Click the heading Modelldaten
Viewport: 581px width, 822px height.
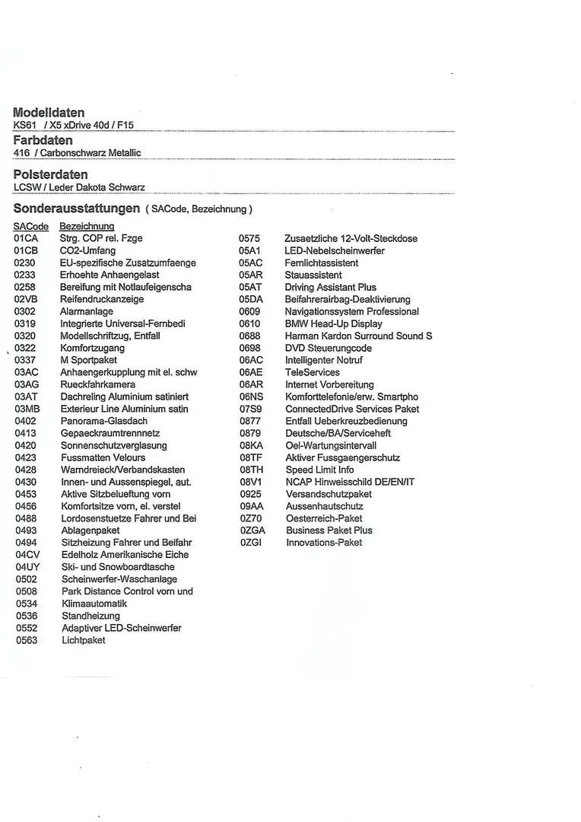coord(49,113)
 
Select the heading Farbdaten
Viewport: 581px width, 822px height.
coord(43,140)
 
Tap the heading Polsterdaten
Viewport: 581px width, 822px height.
coord(50,174)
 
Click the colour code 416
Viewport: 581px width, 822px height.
coord(21,153)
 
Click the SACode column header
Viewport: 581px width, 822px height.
coord(30,226)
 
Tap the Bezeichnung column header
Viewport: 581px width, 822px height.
coord(87,226)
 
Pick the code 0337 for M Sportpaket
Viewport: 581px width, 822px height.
coord(25,360)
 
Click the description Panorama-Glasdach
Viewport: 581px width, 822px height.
coord(104,421)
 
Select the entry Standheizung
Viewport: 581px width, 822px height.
coord(90,616)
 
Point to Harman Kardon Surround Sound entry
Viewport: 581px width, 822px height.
coord(358,336)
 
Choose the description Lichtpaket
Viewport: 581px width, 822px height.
coord(84,640)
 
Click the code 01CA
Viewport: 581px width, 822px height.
coord(26,238)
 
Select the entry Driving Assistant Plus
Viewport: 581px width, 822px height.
coord(331,287)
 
